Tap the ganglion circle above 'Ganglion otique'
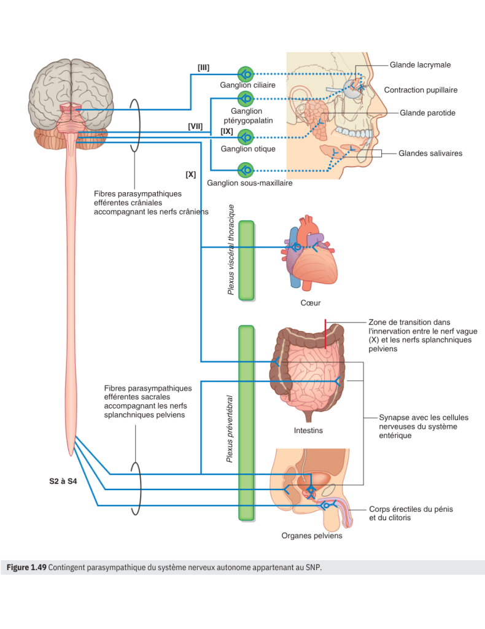[246, 136]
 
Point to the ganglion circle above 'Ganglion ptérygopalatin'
[246, 98]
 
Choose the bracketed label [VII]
[195, 126]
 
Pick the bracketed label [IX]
[227, 131]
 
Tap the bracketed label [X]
[190, 174]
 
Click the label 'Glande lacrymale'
[420, 64]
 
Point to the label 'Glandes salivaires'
[430, 154]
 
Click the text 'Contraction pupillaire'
[421, 90]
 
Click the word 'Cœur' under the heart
[311, 303]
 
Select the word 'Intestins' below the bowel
[308, 431]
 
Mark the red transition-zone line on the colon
[326, 333]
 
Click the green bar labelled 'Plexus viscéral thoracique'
[246, 260]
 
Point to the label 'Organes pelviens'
[312, 536]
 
